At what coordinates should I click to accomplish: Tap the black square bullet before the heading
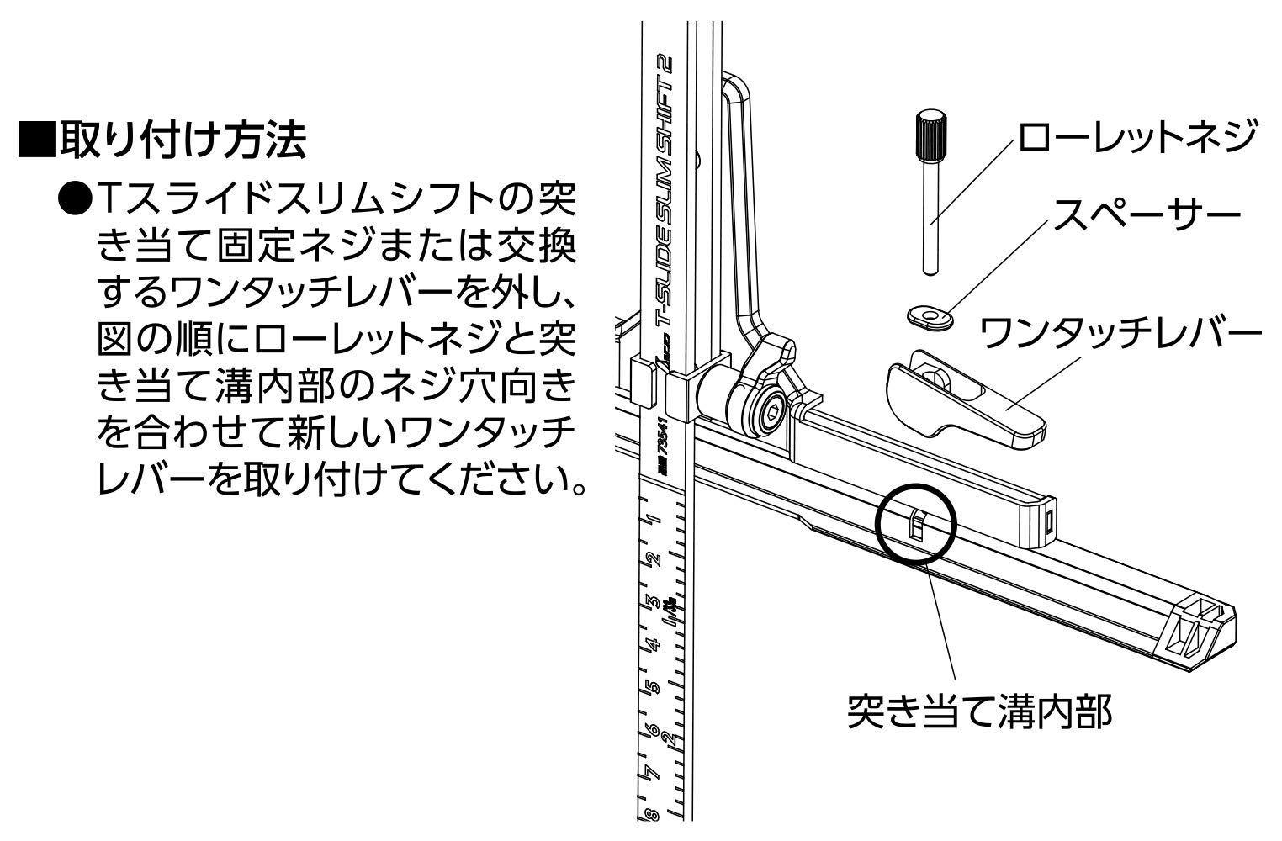click(36, 141)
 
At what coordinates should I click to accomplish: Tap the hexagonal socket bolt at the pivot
click(765, 413)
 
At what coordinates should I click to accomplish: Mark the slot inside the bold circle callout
click(917, 526)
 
